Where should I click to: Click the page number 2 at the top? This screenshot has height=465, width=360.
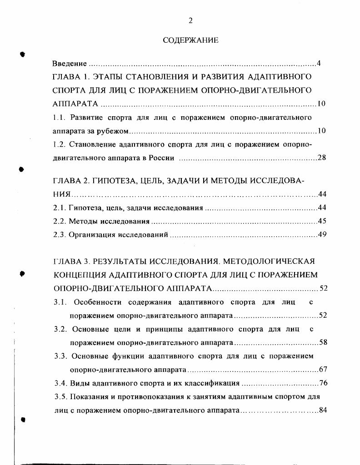pyautogui.click(x=190, y=20)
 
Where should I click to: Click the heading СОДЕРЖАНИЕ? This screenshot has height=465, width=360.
pyautogui.click(x=190, y=40)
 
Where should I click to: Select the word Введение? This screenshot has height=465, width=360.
pyautogui.click(x=69, y=64)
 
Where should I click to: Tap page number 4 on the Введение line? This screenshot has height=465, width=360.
pyautogui.click(x=319, y=64)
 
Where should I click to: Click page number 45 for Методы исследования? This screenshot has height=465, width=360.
pyautogui.click(x=322, y=222)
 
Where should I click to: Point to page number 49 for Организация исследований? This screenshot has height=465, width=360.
pyautogui.click(x=322, y=235)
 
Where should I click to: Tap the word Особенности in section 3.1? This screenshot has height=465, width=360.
pyautogui.click(x=95, y=302)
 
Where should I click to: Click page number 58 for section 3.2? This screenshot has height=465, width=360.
pyautogui.click(x=323, y=342)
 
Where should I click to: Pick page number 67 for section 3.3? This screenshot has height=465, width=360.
pyautogui.click(x=323, y=369)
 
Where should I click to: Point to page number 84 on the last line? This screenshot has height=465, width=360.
pyautogui.click(x=323, y=410)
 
